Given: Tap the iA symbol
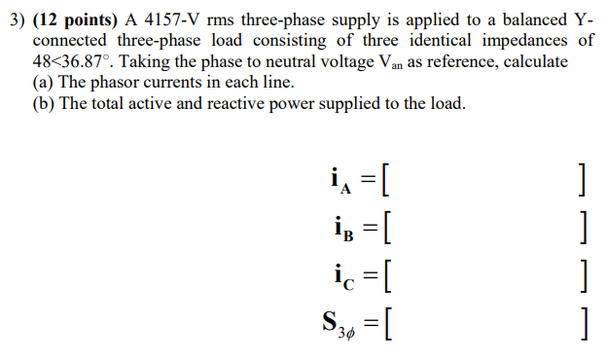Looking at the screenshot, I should pos(339,180).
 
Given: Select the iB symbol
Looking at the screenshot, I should pos(339,226).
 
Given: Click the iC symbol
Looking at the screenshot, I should pos(339,271).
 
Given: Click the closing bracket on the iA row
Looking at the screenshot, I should pos(580,180).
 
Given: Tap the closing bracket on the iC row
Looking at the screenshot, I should pos(580,271).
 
